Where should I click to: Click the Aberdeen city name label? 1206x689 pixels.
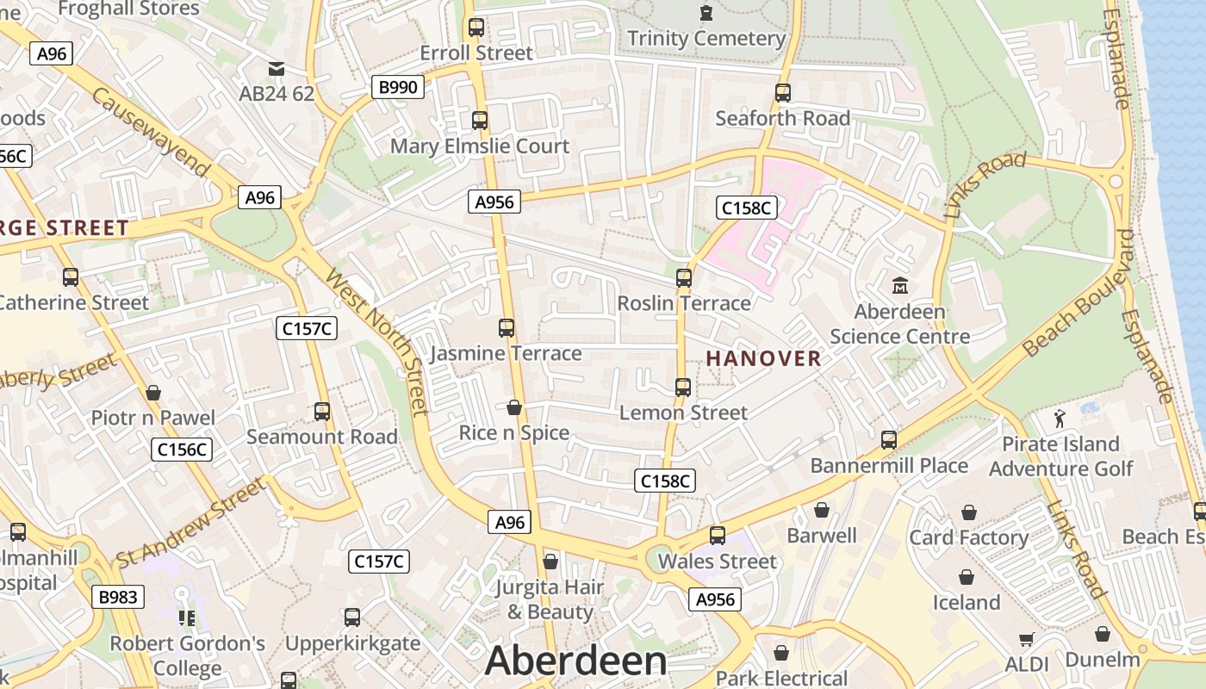[x=575, y=661]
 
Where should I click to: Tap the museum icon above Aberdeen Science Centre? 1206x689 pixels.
[x=900, y=285]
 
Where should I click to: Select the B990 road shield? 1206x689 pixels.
[x=398, y=87]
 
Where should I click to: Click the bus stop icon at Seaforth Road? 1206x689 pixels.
[x=782, y=93]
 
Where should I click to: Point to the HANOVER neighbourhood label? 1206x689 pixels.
[x=764, y=358]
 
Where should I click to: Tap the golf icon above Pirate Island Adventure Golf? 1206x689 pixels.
[x=1060, y=419]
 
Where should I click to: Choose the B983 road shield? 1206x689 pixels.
[x=116, y=597]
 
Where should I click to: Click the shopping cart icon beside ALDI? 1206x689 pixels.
[x=1026, y=639]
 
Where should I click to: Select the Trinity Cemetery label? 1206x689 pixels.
[x=706, y=39]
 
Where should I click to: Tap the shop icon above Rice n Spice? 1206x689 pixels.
[x=514, y=407]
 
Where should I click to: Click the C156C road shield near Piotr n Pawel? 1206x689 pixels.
[x=183, y=449]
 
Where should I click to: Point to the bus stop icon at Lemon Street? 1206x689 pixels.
[x=683, y=388]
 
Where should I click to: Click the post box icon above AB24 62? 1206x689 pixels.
[x=276, y=69]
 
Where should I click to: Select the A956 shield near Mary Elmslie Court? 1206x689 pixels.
[x=494, y=202]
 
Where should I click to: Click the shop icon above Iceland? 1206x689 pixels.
[x=967, y=577]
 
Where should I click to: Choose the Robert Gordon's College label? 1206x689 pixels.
[x=187, y=655]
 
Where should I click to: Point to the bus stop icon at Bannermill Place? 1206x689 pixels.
[x=888, y=440]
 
